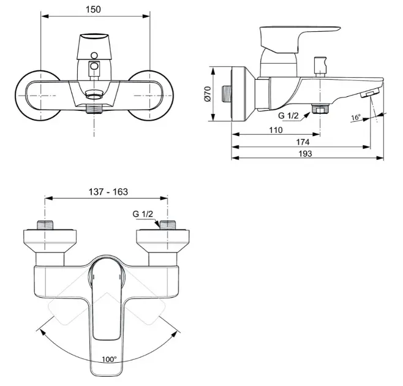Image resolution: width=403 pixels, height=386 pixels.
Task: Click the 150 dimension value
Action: [x=93, y=10]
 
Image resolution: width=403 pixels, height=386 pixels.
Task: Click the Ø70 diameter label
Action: [x=208, y=94]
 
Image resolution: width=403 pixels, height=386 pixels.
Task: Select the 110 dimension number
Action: [x=276, y=130]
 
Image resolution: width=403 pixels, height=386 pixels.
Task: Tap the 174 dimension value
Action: [x=303, y=142]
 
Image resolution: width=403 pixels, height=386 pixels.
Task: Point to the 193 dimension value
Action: [x=305, y=154]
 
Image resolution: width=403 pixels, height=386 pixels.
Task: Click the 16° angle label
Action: [x=356, y=118]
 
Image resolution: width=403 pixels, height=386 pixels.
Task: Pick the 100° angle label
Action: [x=109, y=359]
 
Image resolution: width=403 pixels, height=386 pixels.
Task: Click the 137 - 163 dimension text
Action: [x=108, y=192]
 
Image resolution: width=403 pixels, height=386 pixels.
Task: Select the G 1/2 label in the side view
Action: [x=288, y=116]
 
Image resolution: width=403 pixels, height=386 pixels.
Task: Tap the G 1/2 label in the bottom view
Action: [x=143, y=214]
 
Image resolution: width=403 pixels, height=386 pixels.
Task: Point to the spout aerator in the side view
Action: [x=370, y=93]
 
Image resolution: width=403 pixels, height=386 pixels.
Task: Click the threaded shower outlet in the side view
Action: [x=320, y=108]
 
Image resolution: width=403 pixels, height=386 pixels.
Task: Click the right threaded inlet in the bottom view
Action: [x=168, y=225]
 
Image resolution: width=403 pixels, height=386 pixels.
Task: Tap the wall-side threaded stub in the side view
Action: [x=227, y=94]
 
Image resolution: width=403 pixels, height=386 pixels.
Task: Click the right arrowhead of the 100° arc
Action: [x=174, y=334]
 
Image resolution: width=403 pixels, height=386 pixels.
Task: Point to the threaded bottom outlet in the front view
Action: [x=94, y=109]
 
